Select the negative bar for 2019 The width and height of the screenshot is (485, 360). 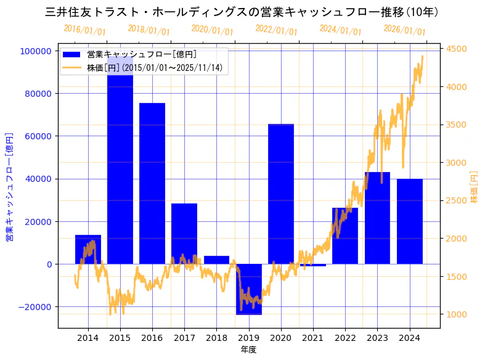[x=248, y=289]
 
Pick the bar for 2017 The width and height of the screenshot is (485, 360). [x=184, y=234]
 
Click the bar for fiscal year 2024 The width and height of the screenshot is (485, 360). [x=410, y=221]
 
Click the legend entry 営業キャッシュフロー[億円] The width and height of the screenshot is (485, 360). [x=142, y=55]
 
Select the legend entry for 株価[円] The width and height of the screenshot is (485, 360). [x=154, y=67]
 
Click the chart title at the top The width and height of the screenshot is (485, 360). [x=242, y=12]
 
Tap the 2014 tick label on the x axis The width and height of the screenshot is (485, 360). [x=88, y=338]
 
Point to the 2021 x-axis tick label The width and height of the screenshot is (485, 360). [x=313, y=338]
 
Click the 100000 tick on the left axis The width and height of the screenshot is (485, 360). [x=36, y=51]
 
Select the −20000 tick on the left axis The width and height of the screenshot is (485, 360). [x=35, y=307]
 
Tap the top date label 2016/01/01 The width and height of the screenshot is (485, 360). [x=84, y=30]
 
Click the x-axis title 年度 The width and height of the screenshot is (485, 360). [x=248, y=350]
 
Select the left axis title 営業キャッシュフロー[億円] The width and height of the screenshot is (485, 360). [x=9, y=186]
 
